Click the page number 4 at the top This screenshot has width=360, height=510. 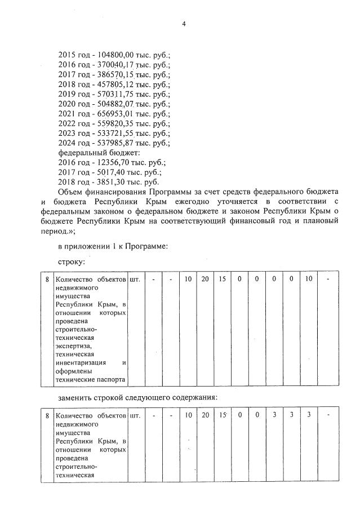point(183,23)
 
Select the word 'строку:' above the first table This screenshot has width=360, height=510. point(72,262)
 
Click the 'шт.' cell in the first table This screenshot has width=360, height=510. point(135,279)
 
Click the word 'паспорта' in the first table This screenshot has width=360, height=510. point(112,380)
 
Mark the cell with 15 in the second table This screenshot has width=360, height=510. point(223,415)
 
